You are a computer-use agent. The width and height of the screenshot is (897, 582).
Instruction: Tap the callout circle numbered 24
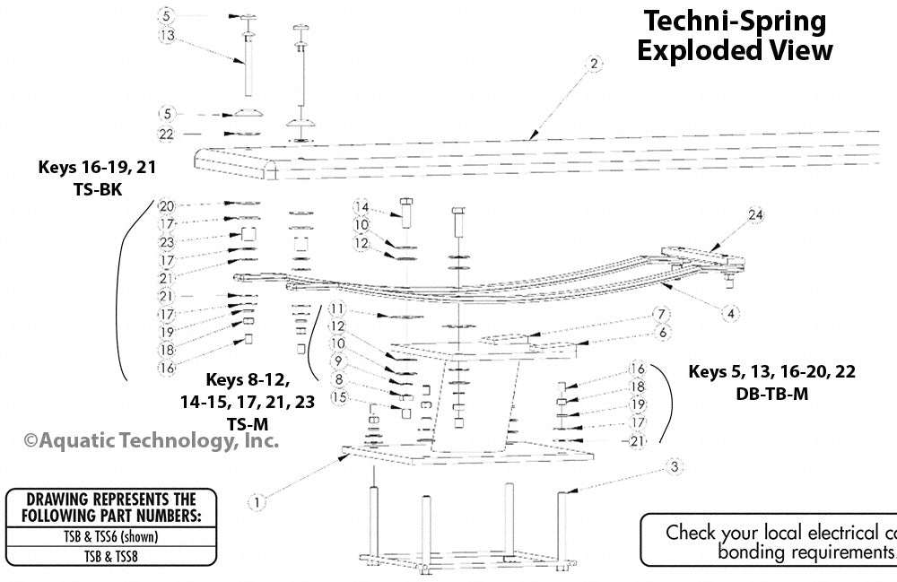pos(756,214)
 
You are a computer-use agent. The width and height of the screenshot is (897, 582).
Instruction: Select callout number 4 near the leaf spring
pos(732,313)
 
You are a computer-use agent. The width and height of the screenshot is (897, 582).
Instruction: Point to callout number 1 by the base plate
pos(258,503)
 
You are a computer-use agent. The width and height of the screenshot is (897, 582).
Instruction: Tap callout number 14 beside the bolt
pos(361,206)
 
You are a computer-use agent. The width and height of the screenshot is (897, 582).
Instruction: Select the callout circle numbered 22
pos(166,134)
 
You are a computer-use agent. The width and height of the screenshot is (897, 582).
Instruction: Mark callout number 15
pos(338,396)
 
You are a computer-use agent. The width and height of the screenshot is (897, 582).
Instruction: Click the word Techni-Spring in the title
pos(731,21)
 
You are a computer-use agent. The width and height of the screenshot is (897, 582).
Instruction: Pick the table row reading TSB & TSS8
pos(111,556)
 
